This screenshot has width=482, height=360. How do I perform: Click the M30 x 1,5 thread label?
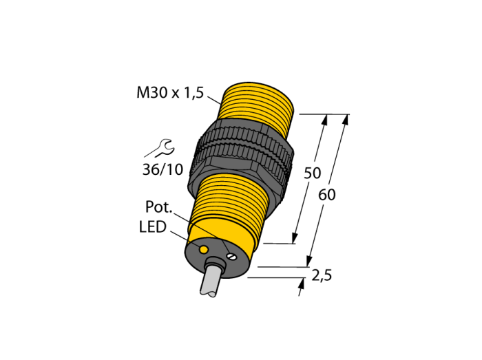coord(170,92)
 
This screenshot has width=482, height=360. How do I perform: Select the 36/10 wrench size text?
coord(163,169)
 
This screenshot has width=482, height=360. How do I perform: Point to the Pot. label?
coord(159,207)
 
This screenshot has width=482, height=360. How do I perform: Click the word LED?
coord(153,227)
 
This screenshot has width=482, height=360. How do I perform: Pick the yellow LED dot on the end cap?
coord(203,249)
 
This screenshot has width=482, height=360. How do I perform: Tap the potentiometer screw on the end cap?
coord(231,255)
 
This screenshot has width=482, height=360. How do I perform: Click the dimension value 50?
coord(313,173)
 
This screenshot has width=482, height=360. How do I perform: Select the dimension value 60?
coord(327,195)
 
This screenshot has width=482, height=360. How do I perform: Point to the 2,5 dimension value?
coord(322,275)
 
